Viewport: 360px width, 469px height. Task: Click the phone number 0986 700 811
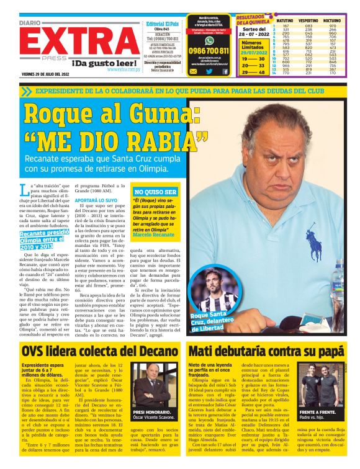pos(209,51)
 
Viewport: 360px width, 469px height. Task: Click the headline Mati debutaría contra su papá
pos(265,351)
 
